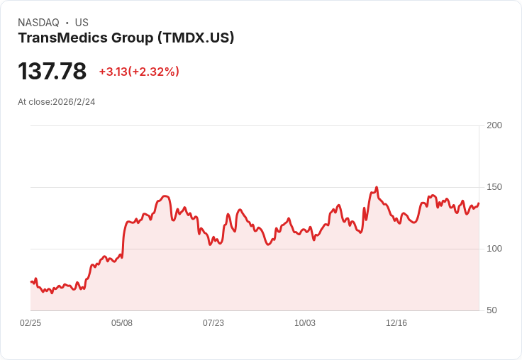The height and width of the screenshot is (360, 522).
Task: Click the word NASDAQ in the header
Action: point(38,23)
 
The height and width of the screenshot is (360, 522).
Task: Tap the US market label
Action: point(82,23)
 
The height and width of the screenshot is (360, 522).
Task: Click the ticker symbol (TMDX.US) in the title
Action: point(195,38)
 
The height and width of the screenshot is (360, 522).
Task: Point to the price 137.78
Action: point(52,71)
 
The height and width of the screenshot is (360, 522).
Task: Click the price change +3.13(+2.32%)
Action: point(139,72)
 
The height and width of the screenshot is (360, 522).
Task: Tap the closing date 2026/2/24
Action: point(74,102)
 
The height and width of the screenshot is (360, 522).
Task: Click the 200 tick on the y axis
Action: point(494,125)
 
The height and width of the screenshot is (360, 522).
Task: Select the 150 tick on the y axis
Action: point(494,187)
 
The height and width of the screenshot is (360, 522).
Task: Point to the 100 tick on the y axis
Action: point(494,249)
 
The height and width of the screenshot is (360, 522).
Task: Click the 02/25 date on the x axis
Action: point(30,323)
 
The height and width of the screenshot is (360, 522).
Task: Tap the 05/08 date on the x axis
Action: point(122,323)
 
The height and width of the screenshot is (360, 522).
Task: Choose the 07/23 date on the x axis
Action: point(213,323)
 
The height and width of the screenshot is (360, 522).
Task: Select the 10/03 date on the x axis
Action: point(305,323)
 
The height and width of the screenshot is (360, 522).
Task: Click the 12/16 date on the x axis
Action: point(396,323)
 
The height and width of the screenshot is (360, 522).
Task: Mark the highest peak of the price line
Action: point(377,187)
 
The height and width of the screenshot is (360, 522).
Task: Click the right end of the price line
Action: point(479,203)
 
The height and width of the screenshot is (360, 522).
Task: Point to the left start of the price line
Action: point(31,282)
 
